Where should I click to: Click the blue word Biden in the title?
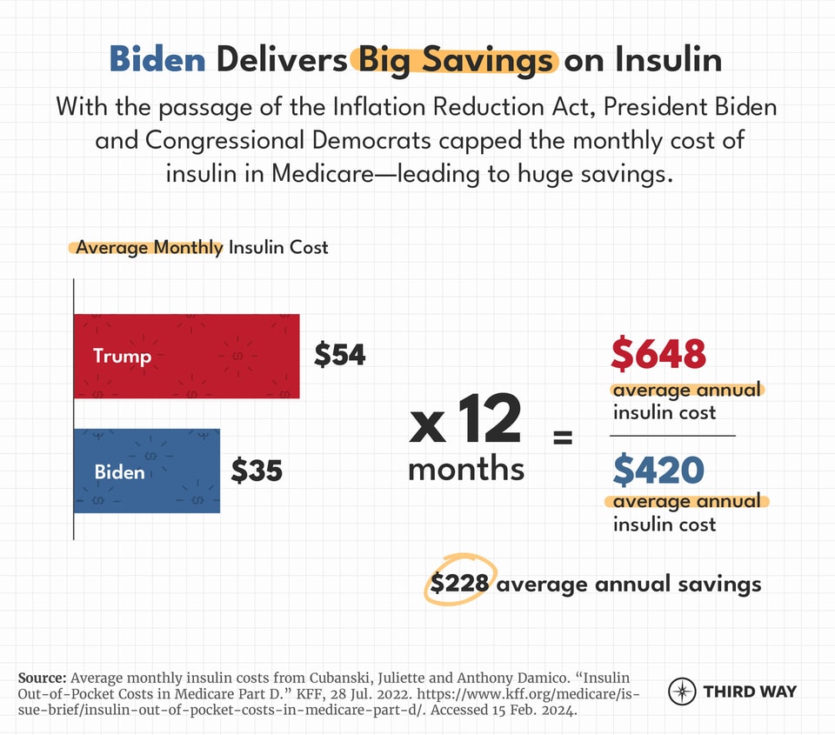coord(157,60)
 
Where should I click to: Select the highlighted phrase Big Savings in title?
coord(454,60)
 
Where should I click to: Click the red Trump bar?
coord(186,356)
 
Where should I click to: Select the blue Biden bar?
coord(146,471)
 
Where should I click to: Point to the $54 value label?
coord(340,355)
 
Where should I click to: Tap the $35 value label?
coord(257,471)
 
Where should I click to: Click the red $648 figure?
coord(658,354)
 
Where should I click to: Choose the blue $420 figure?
coord(658,470)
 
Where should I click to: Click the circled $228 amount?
coord(461,584)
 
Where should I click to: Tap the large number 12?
coord(488,420)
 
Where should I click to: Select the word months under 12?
coord(466,469)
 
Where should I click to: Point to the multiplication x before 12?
coord(427,426)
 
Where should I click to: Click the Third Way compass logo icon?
coord(682,692)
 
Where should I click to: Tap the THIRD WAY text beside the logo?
coord(749,692)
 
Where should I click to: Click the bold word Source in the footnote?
coord(41,678)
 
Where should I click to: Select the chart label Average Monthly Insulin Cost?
coord(202,247)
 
